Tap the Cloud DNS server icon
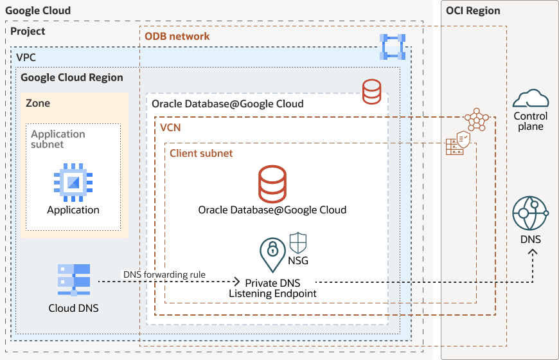(x=73, y=280)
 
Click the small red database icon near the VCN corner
(x=371, y=92)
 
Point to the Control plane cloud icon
(x=531, y=98)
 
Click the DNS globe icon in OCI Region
(x=530, y=213)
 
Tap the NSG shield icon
(x=298, y=243)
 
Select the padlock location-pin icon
(x=272, y=253)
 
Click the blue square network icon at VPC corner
(x=392, y=47)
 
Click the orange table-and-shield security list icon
(x=458, y=143)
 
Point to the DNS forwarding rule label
(x=164, y=274)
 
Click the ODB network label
(x=177, y=36)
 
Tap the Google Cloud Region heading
(x=72, y=78)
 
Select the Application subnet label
(x=58, y=139)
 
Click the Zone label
(x=38, y=103)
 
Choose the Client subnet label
(x=201, y=154)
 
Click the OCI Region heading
(x=473, y=11)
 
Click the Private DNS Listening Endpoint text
(x=272, y=288)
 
